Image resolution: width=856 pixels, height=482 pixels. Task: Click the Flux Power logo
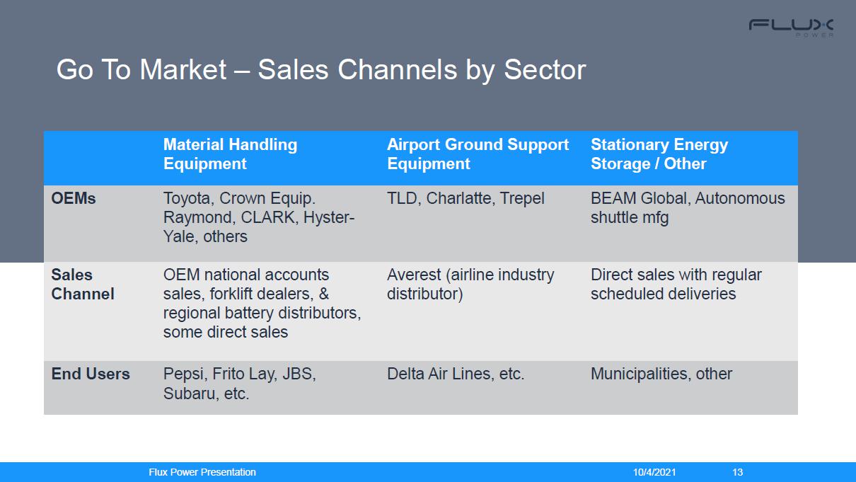791,28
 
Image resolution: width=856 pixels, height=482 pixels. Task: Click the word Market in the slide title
183,70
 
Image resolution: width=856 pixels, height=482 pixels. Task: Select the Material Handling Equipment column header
230,154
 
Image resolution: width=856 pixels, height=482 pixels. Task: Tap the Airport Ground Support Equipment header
478,154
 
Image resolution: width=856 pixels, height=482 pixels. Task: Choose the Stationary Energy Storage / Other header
659,154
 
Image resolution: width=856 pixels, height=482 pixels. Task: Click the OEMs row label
74,198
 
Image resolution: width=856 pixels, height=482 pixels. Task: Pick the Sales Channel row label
83,285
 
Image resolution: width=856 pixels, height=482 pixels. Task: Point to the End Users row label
91,374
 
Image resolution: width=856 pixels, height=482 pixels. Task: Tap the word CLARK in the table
269,217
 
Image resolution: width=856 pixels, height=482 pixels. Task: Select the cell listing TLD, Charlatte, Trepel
465,198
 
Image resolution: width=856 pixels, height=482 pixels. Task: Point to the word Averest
414,275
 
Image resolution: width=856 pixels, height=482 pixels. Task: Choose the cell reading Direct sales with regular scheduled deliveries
676,285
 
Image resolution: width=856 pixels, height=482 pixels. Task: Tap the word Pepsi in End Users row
185,374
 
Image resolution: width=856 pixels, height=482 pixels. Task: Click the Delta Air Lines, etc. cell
456,374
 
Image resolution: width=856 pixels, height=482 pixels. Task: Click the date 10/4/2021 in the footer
654,472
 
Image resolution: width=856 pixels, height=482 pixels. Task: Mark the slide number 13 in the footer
738,472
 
